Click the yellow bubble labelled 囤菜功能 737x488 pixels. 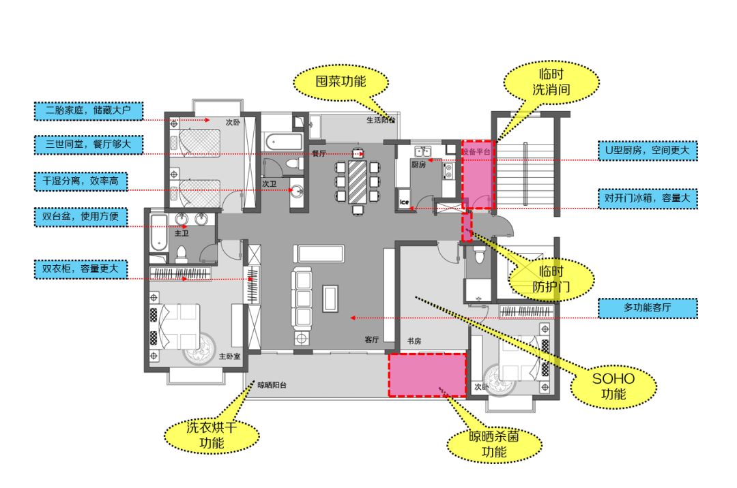point(341,82)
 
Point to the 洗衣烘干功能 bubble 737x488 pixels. point(212,436)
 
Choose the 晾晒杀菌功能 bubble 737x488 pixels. point(495,444)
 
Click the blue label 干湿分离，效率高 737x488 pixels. point(81,182)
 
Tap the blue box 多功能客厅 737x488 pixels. point(648,308)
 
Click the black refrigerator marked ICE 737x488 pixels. point(404,202)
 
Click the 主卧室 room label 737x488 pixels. point(230,356)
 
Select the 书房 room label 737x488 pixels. point(414,341)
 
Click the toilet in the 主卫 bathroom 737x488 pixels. point(182,254)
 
